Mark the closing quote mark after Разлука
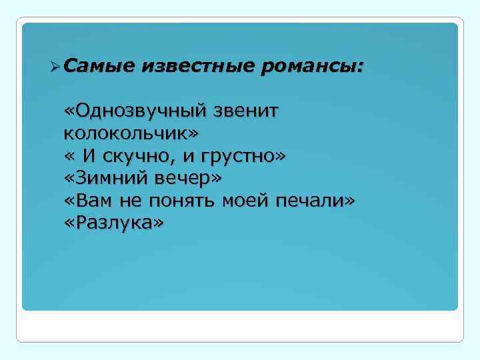(x=157, y=223)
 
